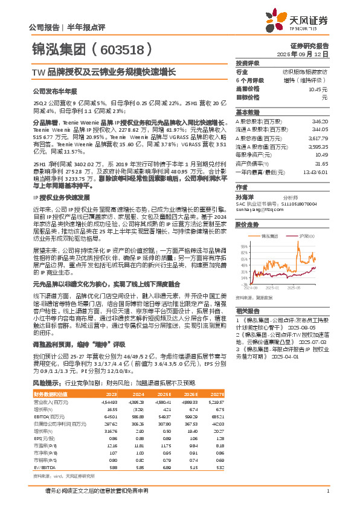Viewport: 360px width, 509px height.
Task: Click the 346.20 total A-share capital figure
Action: (x=319, y=122)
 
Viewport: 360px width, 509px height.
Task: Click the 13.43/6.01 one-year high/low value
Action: (x=315, y=171)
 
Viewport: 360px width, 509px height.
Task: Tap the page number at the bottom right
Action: (x=327, y=490)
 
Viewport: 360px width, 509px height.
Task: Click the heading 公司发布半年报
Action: (x=53, y=91)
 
